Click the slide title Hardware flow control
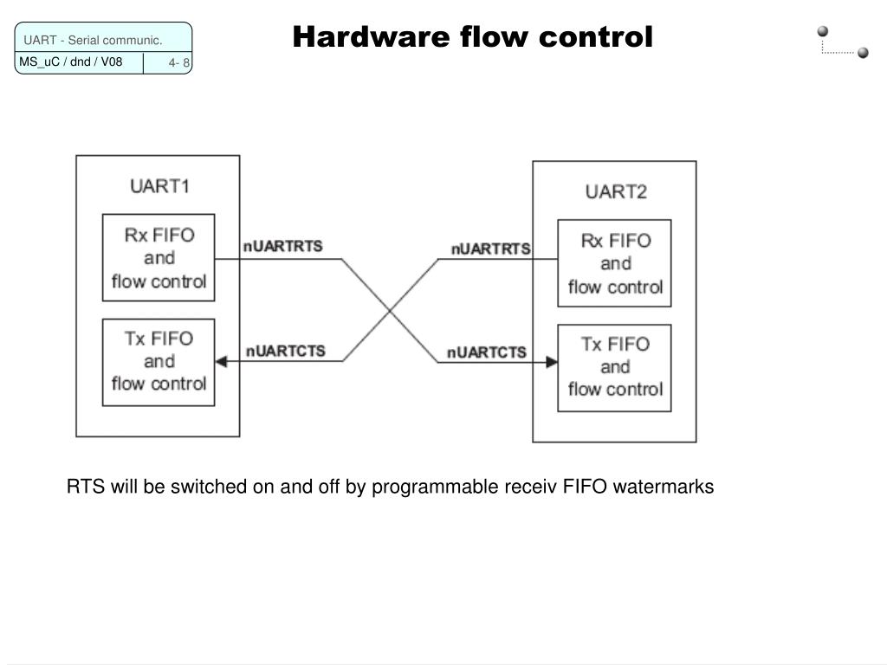point(472,37)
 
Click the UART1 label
point(159,186)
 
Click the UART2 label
point(616,192)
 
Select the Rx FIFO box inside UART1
point(159,258)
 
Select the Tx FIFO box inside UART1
point(159,362)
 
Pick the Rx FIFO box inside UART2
point(614,263)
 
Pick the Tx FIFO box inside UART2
point(614,367)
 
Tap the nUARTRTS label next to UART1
point(282,246)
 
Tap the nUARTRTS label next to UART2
point(490,249)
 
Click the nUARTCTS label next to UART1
point(286,351)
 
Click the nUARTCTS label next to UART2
point(487,352)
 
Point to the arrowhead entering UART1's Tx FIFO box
point(221,362)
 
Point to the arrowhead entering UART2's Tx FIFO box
point(552,362)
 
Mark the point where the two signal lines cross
point(390,310)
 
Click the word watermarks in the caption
point(663,487)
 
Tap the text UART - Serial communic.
point(93,41)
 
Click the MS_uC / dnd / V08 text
point(71,62)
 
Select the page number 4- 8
point(179,63)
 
